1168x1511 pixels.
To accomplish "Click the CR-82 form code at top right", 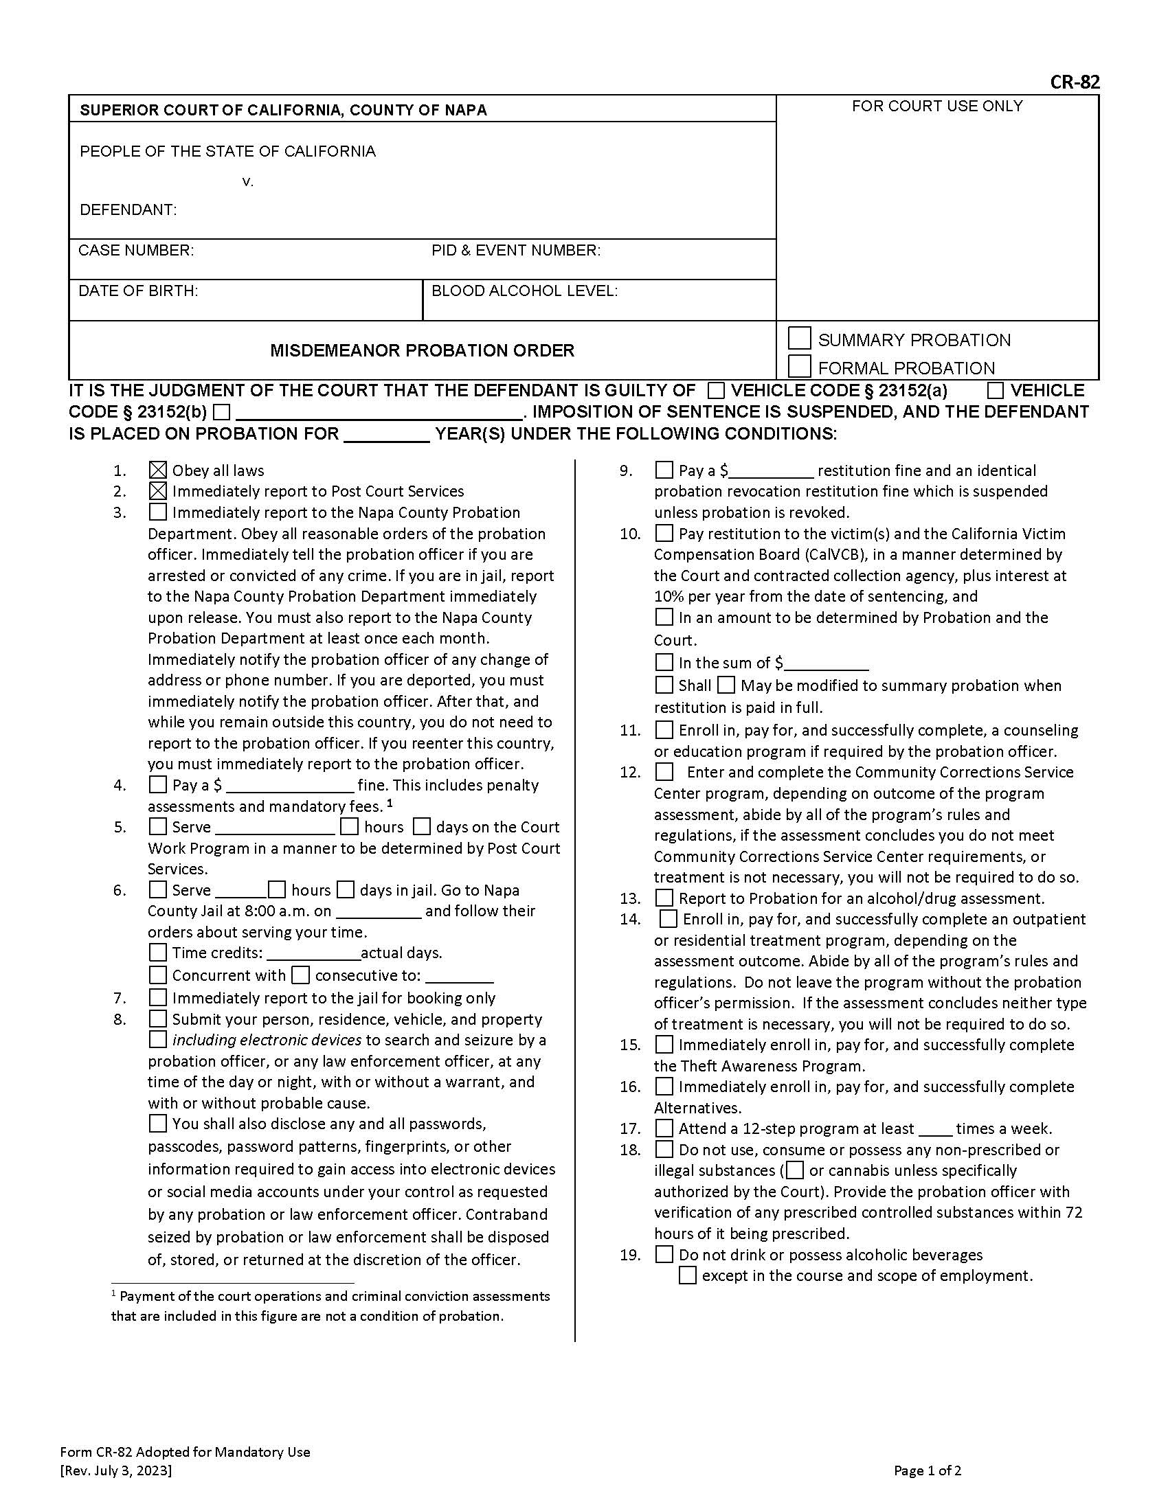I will (1074, 82).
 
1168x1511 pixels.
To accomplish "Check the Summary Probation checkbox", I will (799, 339).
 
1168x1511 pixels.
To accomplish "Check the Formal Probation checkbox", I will (799, 366).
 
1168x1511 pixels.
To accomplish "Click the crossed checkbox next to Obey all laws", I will (158, 470).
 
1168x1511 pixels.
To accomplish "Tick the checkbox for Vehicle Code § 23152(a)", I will (717, 391).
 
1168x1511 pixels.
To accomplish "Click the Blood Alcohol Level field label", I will (524, 291).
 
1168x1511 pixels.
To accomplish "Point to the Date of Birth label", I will (137, 291).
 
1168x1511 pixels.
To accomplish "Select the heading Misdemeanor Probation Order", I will (422, 350).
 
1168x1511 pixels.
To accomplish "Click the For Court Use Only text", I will (936, 106).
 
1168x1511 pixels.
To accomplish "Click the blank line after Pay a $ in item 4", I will (290, 786).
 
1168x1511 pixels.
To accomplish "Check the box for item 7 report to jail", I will (158, 998).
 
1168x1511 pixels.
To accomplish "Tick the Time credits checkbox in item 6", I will (158, 953).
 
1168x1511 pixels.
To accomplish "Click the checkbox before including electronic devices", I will (158, 1039).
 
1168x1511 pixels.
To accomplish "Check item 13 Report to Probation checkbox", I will (664, 898).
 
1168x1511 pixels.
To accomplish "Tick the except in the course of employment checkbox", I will (687, 1275).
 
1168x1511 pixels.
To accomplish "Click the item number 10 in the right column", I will (629, 534).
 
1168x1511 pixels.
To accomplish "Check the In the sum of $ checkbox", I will (664, 662).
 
